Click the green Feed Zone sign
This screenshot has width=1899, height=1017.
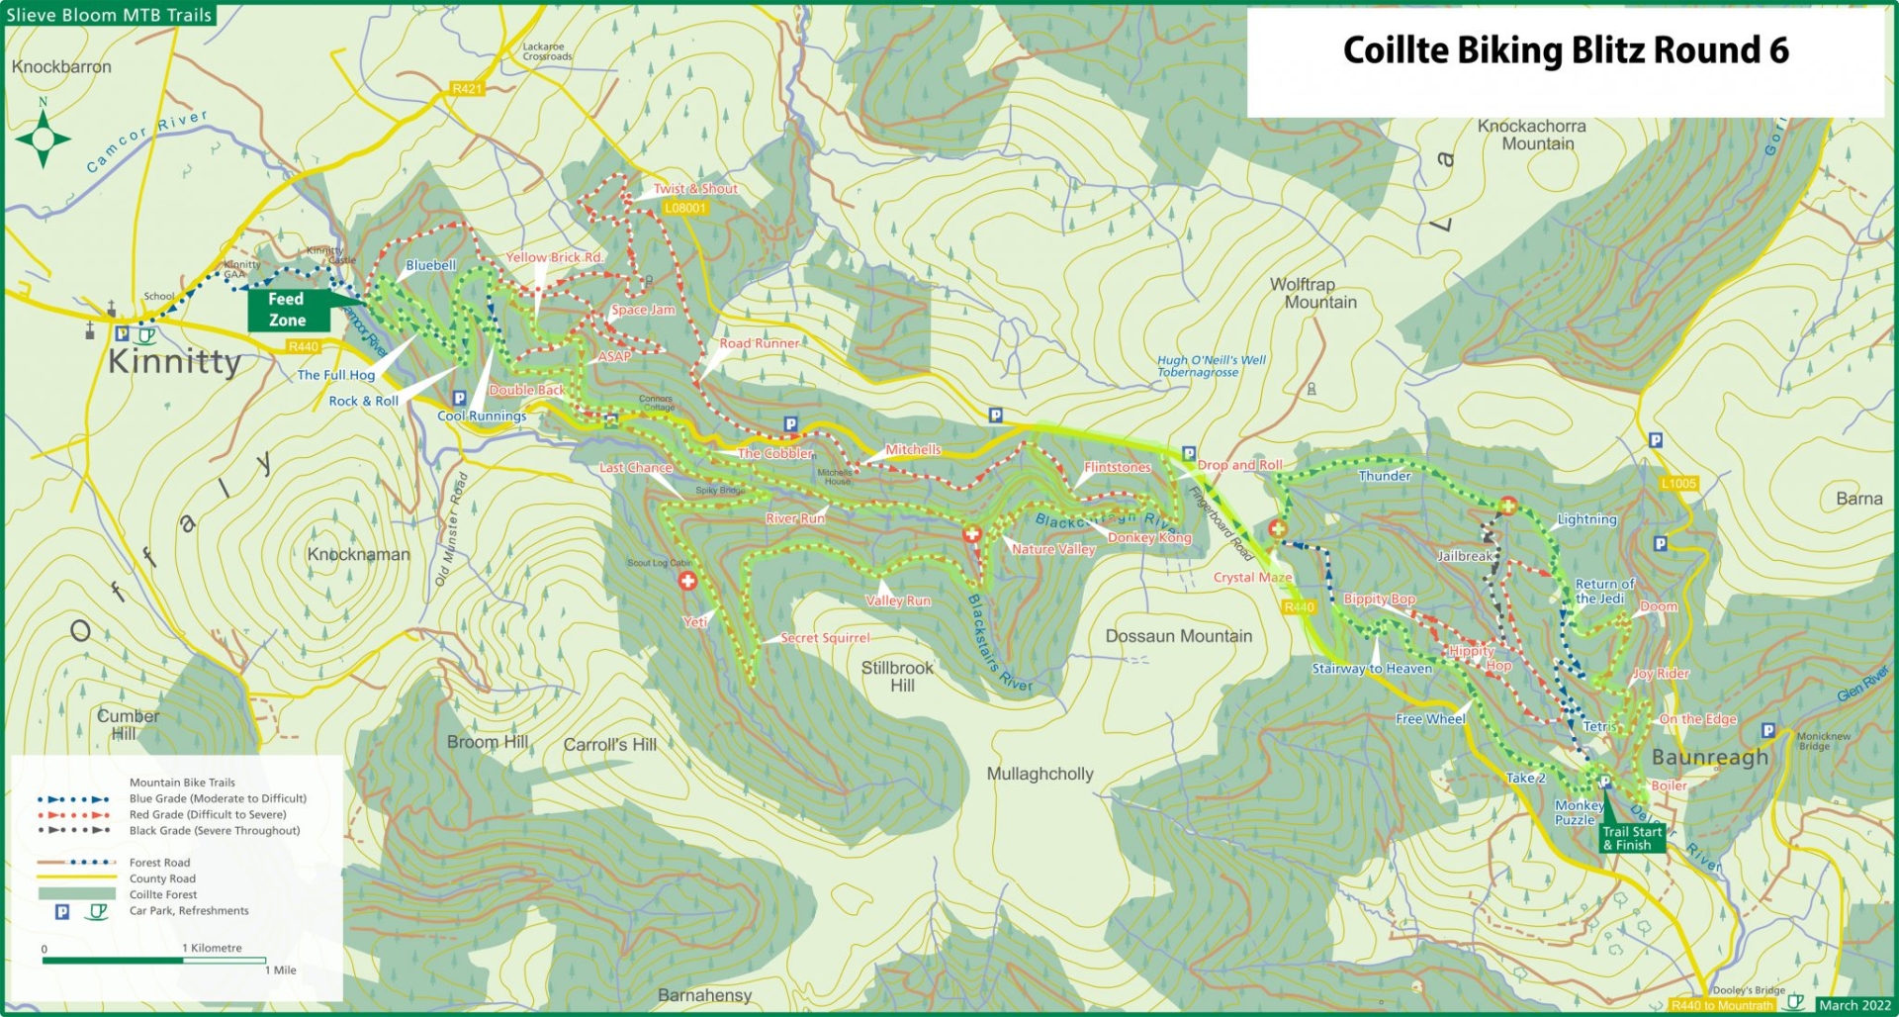coord(287,310)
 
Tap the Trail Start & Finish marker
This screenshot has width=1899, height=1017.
coord(1632,838)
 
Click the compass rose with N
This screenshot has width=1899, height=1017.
coord(43,139)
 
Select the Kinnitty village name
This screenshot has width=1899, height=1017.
coord(174,361)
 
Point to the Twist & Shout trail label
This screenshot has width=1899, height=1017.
coord(695,189)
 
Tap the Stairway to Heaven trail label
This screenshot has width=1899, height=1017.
coord(1372,669)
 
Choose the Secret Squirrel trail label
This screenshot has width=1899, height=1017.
coord(825,638)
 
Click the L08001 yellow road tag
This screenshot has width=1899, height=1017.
coord(685,208)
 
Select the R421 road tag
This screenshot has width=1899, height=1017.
coord(467,89)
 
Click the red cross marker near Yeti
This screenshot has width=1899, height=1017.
coord(687,581)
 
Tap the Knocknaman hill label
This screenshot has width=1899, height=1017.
coord(358,554)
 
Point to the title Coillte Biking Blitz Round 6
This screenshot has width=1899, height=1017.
coord(1565,50)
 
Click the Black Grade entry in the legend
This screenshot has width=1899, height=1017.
coord(214,831)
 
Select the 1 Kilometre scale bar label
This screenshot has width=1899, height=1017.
coord(212,948)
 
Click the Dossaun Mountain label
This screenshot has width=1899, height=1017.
coord(1178,636)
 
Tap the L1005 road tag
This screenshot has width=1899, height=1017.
coord(1678,484)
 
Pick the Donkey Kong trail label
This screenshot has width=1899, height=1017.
coord(1149,537)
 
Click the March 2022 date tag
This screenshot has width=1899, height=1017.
coord(1854,1005)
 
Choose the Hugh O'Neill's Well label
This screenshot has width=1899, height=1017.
coord(1211,366)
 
